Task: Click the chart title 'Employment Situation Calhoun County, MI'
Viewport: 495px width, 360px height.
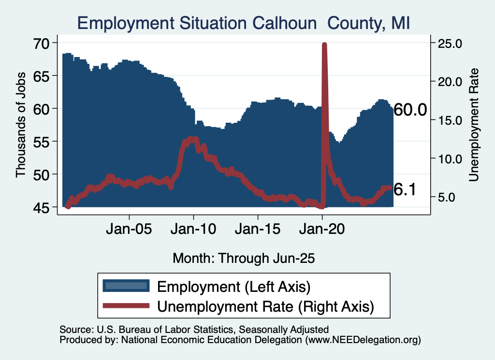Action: coord(244,23)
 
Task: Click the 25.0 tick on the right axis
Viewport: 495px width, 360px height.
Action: coord(450,43)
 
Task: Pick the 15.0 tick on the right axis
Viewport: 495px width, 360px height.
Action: coord(450,120)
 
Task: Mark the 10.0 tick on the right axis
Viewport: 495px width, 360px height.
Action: coord(450,159)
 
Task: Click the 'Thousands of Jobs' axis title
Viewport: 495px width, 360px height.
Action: coord(21,125)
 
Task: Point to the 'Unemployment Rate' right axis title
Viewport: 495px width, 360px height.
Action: coord(474,125)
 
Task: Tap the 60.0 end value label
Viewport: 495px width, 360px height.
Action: coord(410,110)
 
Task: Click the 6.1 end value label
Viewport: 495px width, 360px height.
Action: coord(405,190)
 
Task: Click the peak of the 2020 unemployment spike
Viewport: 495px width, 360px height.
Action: coord(324,44)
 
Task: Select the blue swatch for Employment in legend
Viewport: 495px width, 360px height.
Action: coord(125,286)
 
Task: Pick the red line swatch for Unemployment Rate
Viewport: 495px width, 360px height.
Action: coord(125,305)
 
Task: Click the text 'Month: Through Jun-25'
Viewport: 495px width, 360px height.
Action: coord(244,258)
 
